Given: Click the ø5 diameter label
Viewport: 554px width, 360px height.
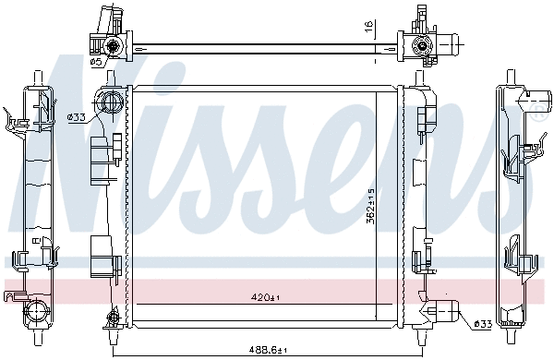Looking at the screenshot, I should click(94, 61).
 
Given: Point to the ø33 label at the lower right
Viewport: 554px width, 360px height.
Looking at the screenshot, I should click(481, 323).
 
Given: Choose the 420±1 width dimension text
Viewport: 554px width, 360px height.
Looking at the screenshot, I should click(265, 298).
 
